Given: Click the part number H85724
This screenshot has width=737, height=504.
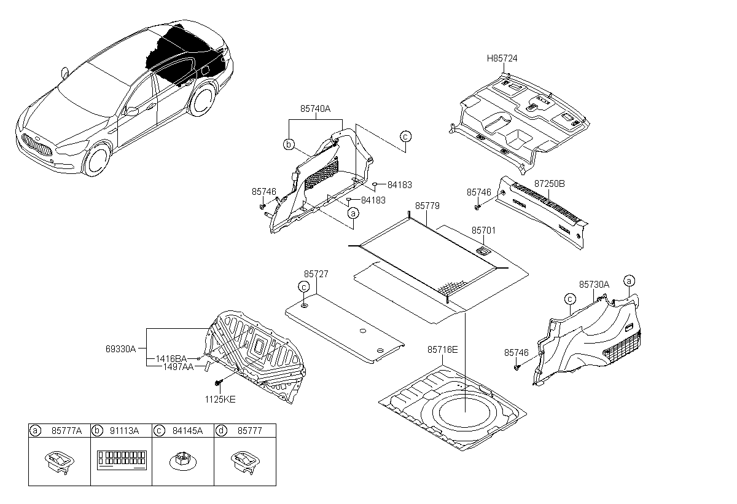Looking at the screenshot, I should [502, 58].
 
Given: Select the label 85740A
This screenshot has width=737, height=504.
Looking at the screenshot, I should [315, 109].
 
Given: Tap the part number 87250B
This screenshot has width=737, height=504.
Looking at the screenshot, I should [549, 183].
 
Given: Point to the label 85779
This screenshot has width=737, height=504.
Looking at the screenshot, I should [427, 207].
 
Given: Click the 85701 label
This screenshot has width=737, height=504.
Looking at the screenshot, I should [483, 230].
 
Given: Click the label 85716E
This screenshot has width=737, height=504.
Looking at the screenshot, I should [443, 350].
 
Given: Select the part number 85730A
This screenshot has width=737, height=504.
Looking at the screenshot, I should [594, 285].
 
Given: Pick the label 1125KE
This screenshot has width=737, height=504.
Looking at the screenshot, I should [220, 399].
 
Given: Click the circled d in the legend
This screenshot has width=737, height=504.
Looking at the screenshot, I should [220, 431].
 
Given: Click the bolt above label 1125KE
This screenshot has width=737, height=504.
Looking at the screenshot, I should [219, 384].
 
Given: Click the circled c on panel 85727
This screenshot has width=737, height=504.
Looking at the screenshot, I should [303, 286].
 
